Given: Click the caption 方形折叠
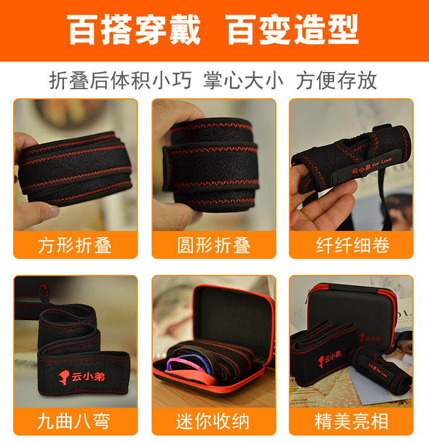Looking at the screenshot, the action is click(75, 245).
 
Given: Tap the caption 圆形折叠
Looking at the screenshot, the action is click(214, 245).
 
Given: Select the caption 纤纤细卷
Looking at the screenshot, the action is click(353, 245).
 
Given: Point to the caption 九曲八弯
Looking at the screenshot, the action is click(74, 421).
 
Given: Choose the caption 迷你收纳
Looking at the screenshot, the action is click(213, 421).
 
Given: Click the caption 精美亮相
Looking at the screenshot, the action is click(352, 421).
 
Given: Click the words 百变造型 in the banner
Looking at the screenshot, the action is click(292, 30).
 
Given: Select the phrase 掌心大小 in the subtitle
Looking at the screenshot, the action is click(243, 81).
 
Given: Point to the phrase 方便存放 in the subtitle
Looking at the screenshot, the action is click(336, 81).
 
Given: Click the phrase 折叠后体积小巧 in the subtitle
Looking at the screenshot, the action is click(121, 81).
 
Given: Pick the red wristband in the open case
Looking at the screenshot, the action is click(198, 377).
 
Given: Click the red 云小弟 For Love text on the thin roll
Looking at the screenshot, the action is click(372, 166).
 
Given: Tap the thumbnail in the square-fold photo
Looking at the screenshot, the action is click(54, 210).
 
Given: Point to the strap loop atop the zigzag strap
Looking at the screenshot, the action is click(43, 293).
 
